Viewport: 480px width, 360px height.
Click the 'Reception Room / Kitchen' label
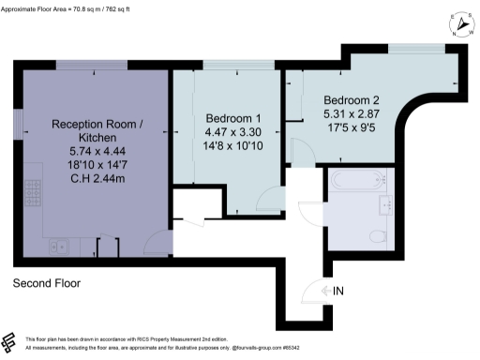[97, 129]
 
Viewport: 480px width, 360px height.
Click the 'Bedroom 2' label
[352, 99]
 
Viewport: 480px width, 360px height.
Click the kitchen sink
[60, 247]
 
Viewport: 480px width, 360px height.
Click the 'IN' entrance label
[339, 292]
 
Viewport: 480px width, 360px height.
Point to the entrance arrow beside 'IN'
[325, 292]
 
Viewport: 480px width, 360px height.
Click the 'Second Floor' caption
[47, 282]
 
